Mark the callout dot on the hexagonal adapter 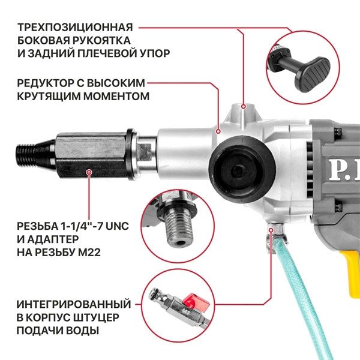click(x=89, y=173)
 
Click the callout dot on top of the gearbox click(x=243, y=106)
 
